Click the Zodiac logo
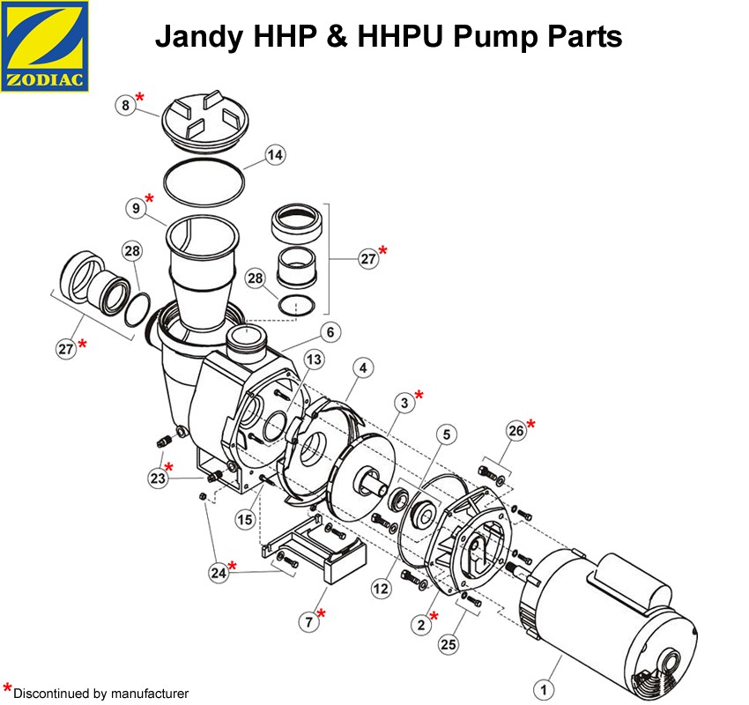pos(45,45)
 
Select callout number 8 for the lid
pos(126,105)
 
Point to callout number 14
pos(276,156)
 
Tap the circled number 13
pos(314,360)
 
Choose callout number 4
pos(365,367)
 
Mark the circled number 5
pos(447,434)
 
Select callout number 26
pos(516,431)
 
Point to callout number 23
pos(158,477)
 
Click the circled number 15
pos(244,520)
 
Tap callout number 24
pos(218,572)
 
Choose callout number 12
pos(380,588)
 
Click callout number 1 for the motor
pos(546,690)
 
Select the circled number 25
pos(449,645)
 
